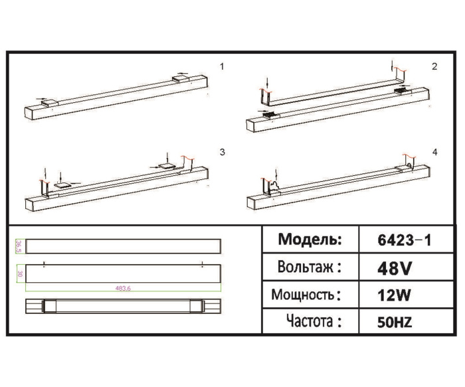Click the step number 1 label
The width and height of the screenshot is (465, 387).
coord(223,66)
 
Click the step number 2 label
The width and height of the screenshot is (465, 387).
coord(434,66)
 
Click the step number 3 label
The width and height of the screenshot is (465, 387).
coord(223,152)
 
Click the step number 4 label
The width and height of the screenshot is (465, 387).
coord(434,152)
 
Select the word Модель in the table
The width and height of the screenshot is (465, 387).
coord(310,240)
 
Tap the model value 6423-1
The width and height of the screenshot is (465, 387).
coord(405,240)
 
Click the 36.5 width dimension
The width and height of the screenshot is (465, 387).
coord(20,245)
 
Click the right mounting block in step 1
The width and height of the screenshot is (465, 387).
coord(181,79)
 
